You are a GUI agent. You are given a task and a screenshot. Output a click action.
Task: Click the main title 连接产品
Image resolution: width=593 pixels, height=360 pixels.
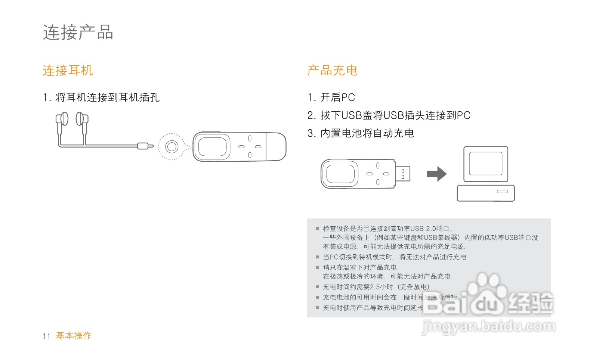78,32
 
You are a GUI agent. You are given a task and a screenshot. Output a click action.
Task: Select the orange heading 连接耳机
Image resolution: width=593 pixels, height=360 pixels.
68,71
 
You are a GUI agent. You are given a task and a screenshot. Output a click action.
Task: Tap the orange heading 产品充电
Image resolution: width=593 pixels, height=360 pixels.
332,71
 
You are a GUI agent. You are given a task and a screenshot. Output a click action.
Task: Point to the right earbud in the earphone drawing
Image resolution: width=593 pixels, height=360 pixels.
80,119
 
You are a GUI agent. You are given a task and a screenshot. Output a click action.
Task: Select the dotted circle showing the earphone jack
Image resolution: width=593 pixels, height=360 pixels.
172,146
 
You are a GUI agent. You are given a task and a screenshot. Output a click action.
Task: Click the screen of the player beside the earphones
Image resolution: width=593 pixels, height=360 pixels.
212,146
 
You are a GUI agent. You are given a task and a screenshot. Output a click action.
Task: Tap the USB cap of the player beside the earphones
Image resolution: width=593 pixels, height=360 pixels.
277,146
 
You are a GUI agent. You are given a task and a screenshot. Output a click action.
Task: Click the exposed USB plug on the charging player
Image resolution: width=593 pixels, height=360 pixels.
403,174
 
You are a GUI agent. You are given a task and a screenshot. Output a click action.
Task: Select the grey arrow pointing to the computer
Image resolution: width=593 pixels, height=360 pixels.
436,174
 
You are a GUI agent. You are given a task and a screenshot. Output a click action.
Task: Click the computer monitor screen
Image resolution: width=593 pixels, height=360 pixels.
485,164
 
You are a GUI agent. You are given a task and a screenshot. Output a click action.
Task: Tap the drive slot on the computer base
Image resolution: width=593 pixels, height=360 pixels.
502,192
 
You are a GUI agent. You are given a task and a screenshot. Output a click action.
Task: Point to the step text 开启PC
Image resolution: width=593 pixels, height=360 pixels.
337,97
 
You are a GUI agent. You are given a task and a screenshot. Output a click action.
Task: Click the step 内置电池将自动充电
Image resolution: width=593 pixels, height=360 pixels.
367,133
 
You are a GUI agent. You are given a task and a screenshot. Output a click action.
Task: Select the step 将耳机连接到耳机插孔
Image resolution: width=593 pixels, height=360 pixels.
108,97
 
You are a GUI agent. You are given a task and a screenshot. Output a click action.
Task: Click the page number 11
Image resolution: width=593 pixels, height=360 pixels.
46,336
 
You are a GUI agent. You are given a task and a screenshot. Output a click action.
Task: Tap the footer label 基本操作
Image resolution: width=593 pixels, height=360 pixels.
74,336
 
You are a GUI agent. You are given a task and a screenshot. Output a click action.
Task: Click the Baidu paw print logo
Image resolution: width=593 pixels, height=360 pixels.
485,288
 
